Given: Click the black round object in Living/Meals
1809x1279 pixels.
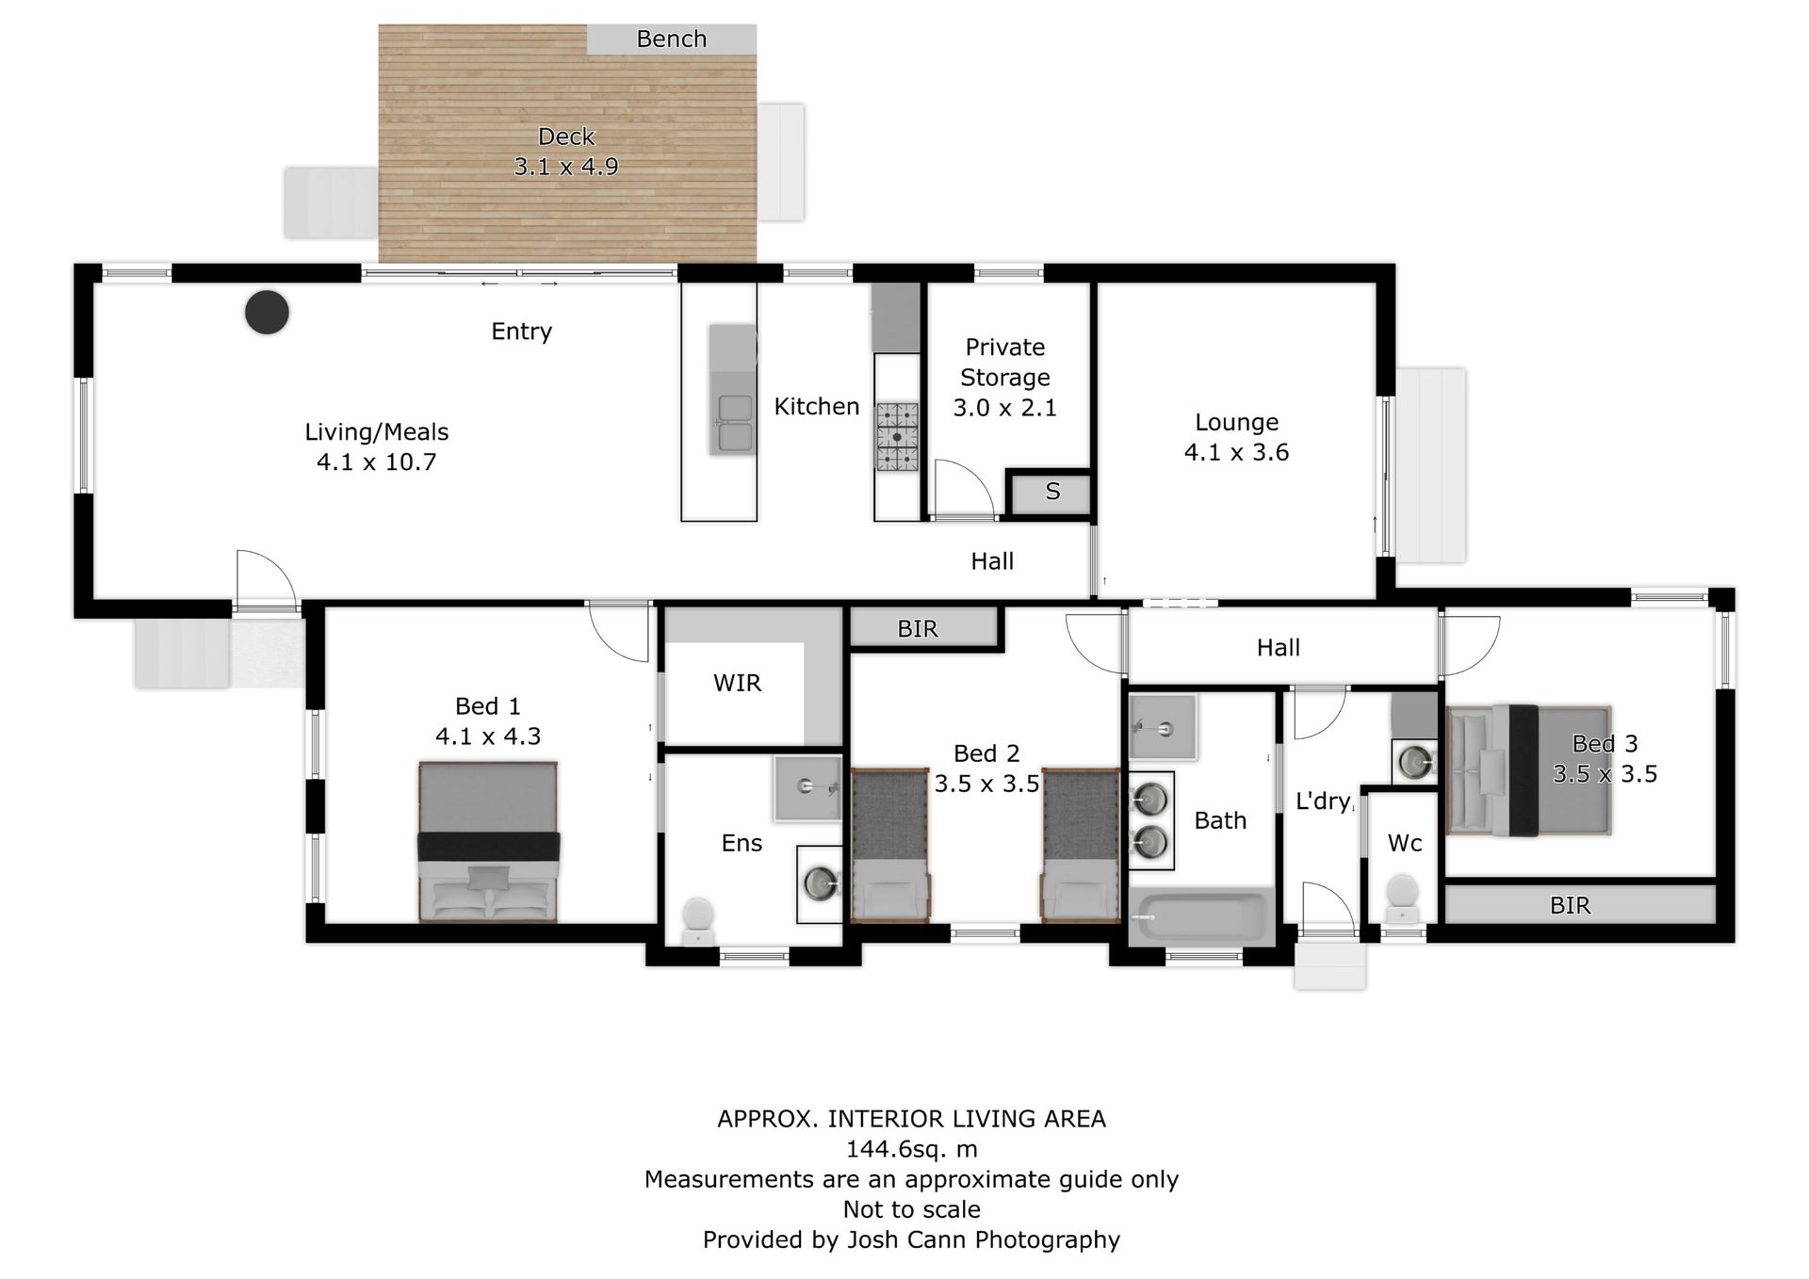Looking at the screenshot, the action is [267, 312].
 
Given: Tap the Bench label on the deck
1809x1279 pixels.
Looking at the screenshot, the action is [671, 39].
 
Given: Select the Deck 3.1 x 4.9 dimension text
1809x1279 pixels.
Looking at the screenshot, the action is [566, 167].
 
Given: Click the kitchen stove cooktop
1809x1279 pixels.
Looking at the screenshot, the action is [897, 437].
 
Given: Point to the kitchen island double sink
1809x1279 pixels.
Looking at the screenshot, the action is [734, 423].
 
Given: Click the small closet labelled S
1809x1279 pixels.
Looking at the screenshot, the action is [1052, 492].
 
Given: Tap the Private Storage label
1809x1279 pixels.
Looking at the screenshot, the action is [1004, 363].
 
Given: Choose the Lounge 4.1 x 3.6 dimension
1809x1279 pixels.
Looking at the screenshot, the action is [1236, 453].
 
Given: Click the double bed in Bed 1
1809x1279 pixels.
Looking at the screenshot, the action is [488, 842].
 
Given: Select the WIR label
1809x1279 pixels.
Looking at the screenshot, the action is [737, 683].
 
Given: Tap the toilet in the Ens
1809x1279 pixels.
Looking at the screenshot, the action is [698, 920].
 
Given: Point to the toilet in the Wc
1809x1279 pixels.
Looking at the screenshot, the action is [1403, 899].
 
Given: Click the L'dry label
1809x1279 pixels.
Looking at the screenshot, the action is [1323, 801].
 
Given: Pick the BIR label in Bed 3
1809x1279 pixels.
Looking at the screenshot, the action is [1570, 906].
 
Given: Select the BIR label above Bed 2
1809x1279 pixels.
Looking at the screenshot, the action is [918, 629].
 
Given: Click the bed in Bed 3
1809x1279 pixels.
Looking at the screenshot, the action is [1528, 770].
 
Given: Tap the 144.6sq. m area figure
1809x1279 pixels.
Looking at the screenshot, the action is [911, 1149].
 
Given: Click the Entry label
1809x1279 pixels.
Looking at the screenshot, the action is [521, 332].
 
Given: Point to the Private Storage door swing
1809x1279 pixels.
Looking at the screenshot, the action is [964, 488].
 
